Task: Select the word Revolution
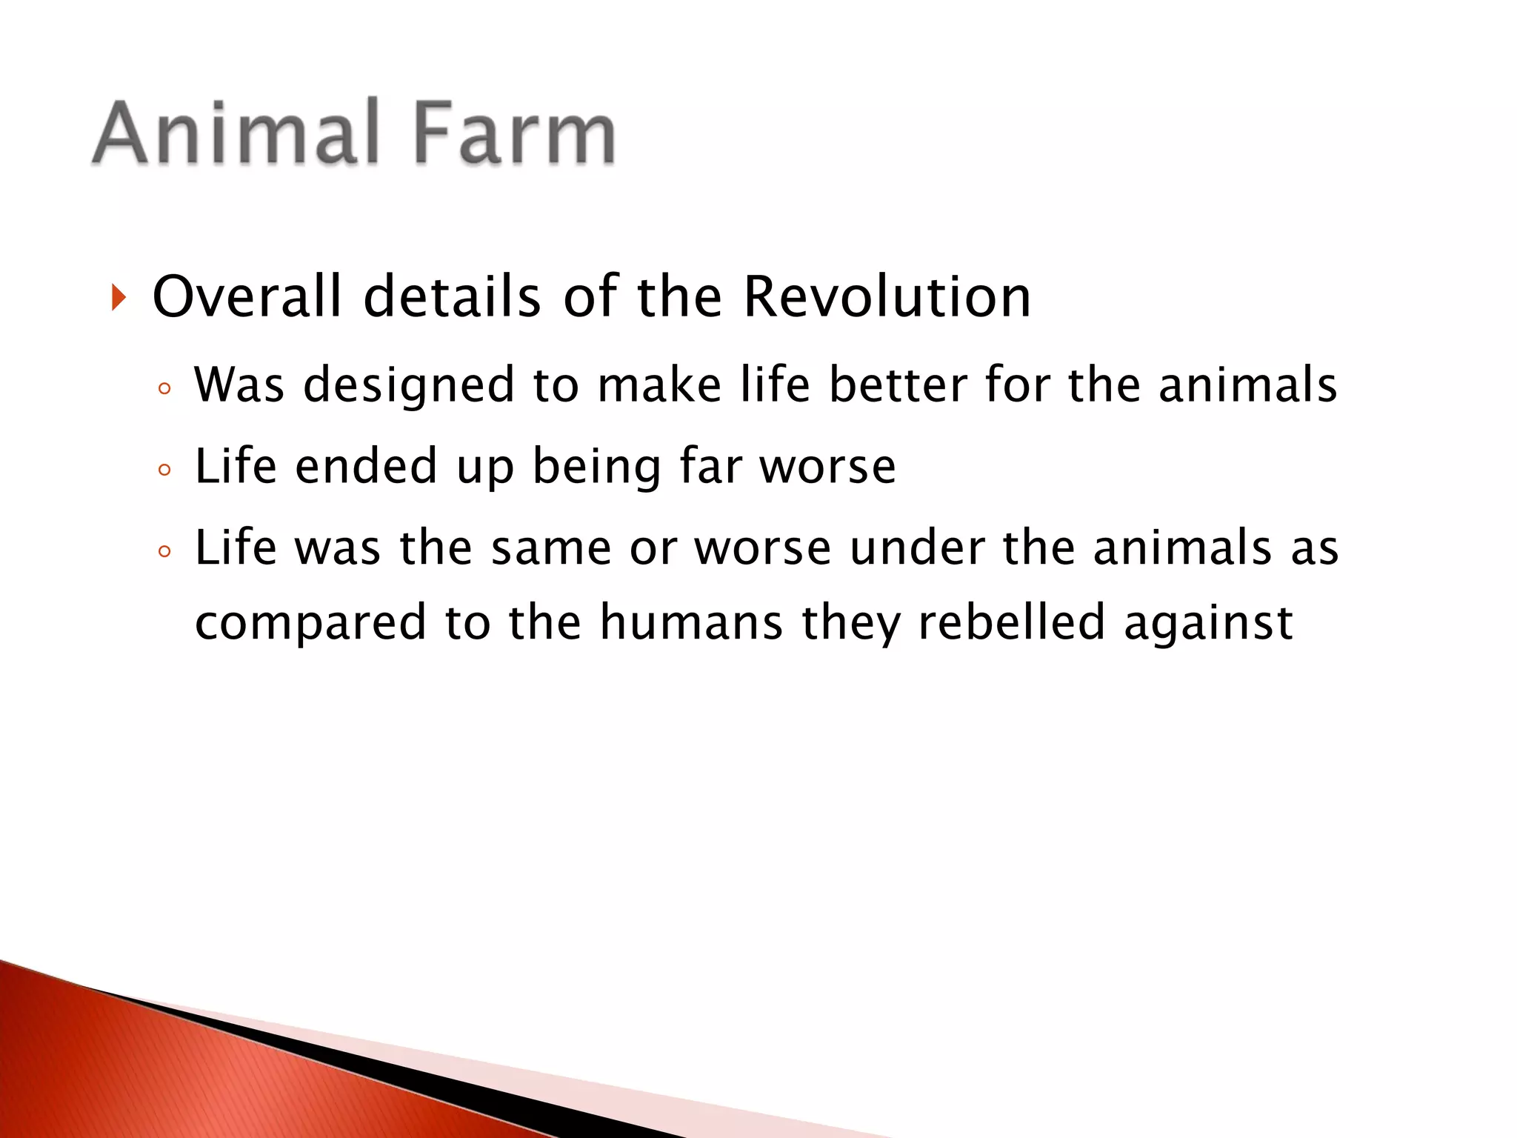click(887, 297)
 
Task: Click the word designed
click(409, 386)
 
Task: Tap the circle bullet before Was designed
click(164, 388)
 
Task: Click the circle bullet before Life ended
click(164, 470)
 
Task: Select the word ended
click(366, 466)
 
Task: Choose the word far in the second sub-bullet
click(710, 466)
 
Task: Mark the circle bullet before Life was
click(164, 551)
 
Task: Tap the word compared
click(310, 623)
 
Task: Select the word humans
click(691, 622)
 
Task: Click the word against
click(1208, 623)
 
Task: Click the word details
click(452, 297)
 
